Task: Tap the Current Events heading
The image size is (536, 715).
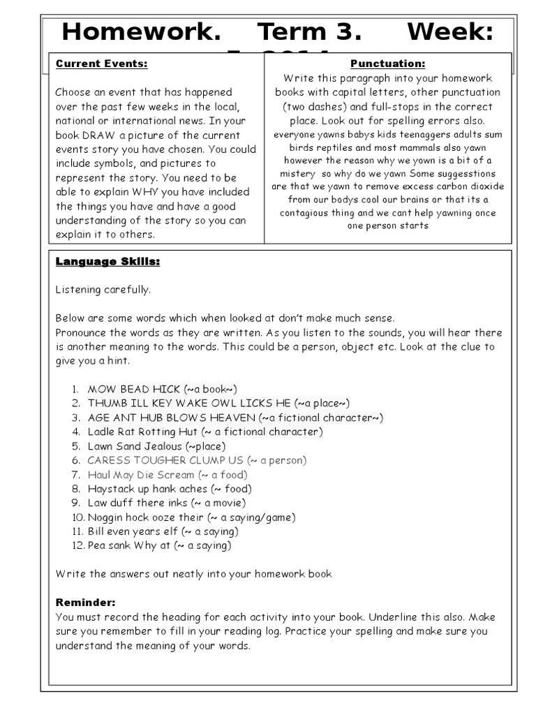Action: [101, 64]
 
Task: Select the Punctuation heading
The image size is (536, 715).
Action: [387, 64]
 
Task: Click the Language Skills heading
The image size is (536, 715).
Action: [107, 261]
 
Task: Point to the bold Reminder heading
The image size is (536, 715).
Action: [85, 603]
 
